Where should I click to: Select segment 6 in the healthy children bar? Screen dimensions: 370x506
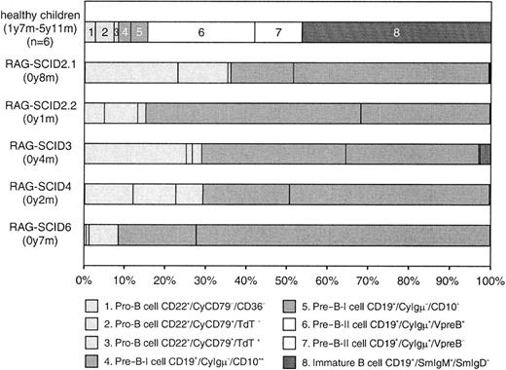pos(201,32)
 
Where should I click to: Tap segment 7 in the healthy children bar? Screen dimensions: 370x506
pos(277,32)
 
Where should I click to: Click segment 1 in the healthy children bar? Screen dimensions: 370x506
pos(90,32)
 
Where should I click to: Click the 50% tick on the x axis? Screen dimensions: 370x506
pos(287,265)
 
